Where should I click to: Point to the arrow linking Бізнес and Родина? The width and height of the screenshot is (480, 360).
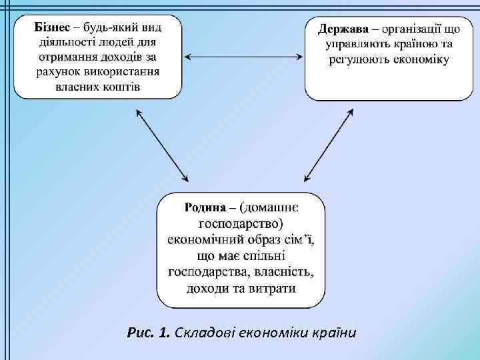(162, 145)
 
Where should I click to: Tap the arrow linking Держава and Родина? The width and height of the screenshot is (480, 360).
(328, 145)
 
